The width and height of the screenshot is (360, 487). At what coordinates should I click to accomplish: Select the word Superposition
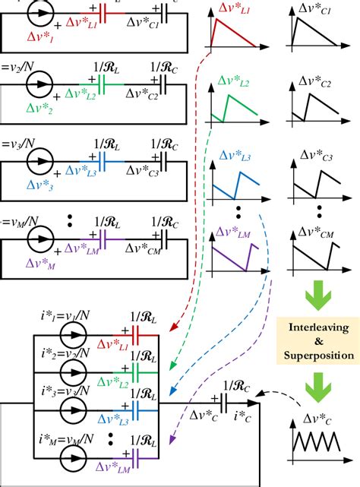(319, 356)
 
